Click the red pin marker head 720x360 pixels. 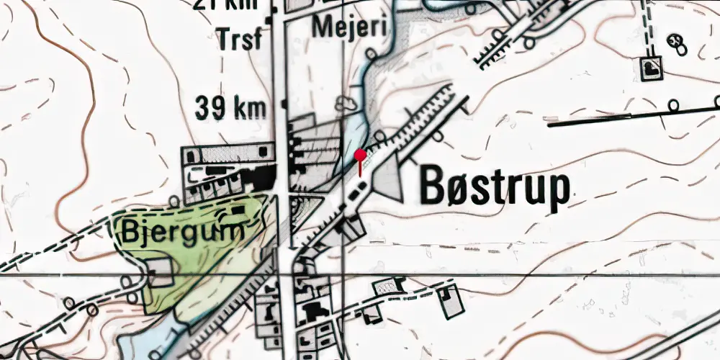pyautogui.click(x=360, y=154)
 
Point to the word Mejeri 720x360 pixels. pyautogui.click(x=351, y=28)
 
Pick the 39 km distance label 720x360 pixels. pyautogui.click(x=230, y=108)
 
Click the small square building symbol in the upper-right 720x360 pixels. pyautogui.click(x=650, y=68)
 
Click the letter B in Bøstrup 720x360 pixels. pyautogui.click(x=433, y=186)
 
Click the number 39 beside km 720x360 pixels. pyautogui.click(x=210, y=108)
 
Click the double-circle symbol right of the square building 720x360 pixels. pyautogui.click(x=677, y=42)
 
